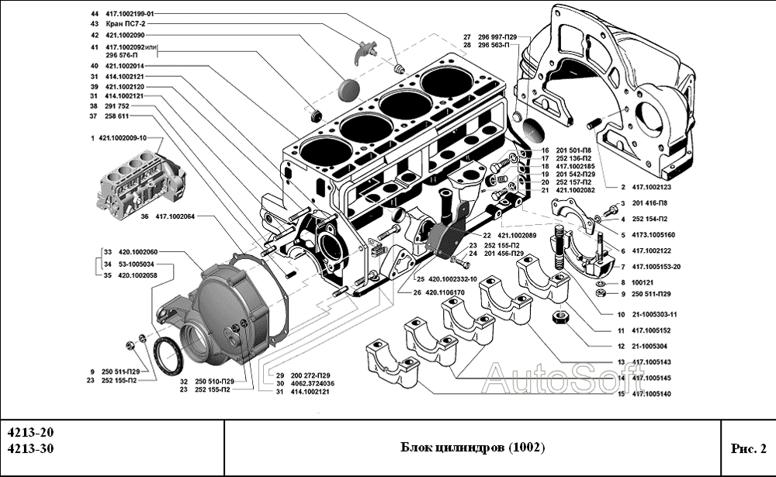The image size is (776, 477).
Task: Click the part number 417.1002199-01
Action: (x=130, y=14)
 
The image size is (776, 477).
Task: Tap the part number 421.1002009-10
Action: (x=128, y=137)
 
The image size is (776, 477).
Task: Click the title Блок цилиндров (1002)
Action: (x=473, y=448)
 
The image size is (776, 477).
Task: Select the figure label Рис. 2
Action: (x=748, y=448)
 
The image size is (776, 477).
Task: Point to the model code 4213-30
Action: (x=30, y=449)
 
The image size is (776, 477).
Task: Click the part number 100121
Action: (x=643, y=282)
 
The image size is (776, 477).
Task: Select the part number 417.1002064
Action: (x=184, y=217)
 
